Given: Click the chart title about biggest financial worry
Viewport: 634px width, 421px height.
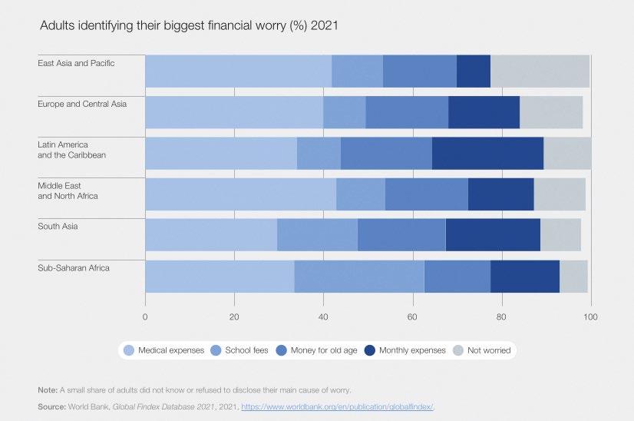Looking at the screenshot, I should click(x=189, y=25).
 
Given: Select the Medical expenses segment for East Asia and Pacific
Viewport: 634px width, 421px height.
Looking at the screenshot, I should click(x=238, y=71).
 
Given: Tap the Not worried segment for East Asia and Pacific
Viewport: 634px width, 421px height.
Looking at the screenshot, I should click(x=540, y=71).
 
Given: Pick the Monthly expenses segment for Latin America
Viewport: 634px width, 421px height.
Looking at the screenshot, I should click(x=487, y=153).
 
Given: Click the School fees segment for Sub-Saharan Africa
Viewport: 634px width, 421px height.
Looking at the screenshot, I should click(x=358, y=277).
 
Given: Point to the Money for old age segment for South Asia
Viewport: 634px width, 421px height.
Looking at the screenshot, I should click(x=401, y=235).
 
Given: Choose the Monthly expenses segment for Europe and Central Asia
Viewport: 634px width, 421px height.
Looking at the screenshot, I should click(x=484, y=112).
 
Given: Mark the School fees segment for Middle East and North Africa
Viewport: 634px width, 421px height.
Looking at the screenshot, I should click(x=360, y=194).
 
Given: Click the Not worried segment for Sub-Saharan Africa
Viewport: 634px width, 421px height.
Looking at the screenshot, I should click(x=573, y=277).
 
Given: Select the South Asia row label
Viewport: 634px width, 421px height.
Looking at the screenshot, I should click(x=58, y=227).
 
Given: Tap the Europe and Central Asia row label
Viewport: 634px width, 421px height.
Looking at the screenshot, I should click(x=82, y=104).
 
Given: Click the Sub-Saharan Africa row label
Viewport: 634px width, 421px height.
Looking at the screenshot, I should click(x=74, y=268).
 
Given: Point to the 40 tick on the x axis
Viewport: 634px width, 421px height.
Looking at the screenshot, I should click(x=323, y=316).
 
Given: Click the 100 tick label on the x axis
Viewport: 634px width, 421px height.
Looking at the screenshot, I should click(x=590, y=316).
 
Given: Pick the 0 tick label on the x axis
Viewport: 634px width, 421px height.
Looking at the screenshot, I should click(x=145, y=316).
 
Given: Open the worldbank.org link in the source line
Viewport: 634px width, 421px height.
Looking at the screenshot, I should click(x=342, y=406).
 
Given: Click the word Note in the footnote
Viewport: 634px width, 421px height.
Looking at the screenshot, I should click(x=47, y=390).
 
